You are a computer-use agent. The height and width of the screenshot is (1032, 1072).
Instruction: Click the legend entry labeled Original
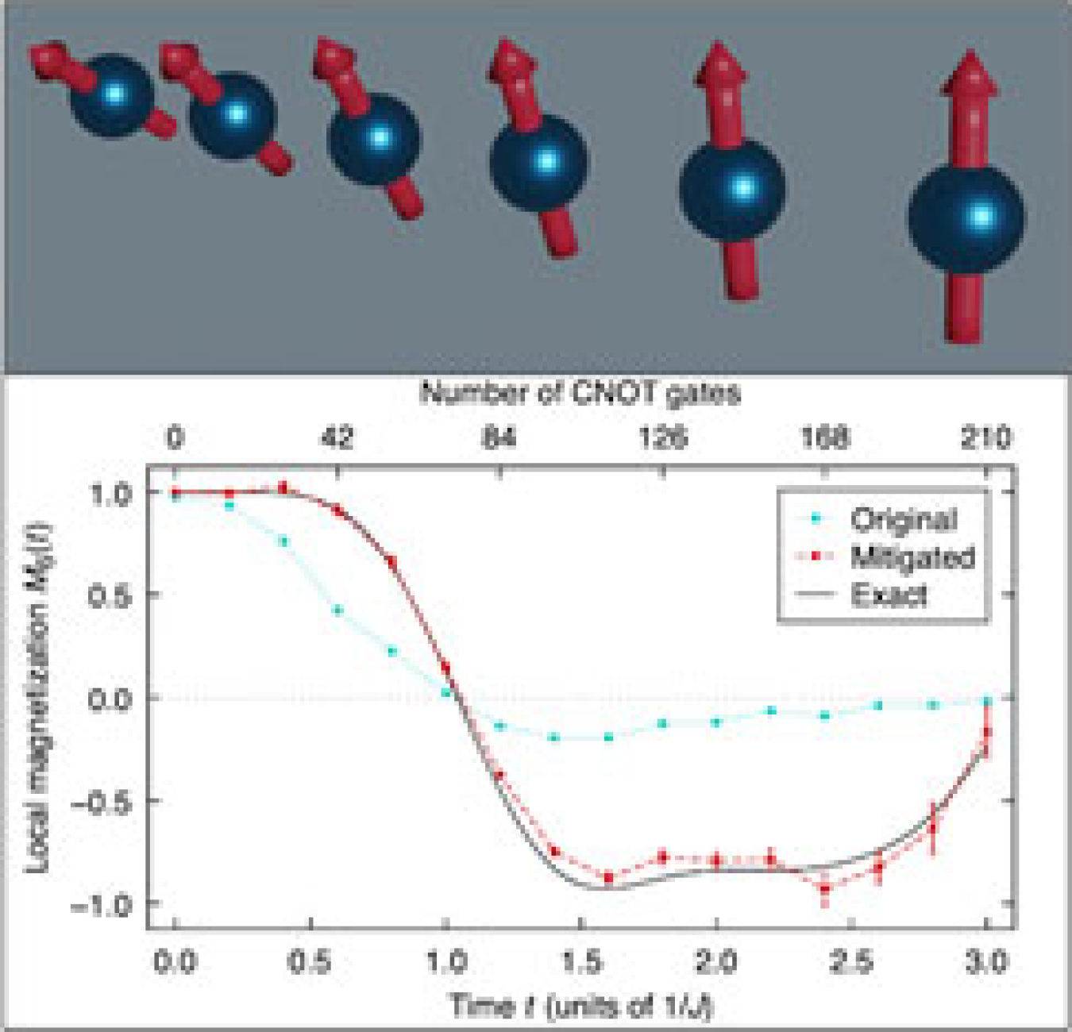[902, 520]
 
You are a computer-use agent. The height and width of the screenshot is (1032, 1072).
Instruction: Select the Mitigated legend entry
[912, 557]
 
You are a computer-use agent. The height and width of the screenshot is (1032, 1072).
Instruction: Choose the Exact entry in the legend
[888, 595]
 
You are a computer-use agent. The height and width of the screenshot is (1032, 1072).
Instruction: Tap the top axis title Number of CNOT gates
[580, 393]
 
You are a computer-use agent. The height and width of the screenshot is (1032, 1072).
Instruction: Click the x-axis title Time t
[581, 1006]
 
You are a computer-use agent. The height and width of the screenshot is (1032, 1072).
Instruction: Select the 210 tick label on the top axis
[985, 437]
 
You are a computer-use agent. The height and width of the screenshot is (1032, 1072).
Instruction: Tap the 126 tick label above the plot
[663, 437]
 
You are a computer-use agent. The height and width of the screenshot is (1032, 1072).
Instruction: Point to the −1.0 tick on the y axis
[102, 904]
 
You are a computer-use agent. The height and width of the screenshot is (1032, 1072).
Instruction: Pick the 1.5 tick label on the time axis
[581, 962]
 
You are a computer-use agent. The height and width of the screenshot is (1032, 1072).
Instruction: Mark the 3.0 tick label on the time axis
[985, 962]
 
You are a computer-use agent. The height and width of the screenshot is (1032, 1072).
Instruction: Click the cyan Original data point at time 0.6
[338, 610]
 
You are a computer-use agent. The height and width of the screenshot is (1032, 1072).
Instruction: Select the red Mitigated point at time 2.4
[825, 890]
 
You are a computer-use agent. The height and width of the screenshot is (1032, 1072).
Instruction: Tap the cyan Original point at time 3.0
[987, 701]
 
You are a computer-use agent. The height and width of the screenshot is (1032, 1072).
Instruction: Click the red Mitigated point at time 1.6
[609, 877]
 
